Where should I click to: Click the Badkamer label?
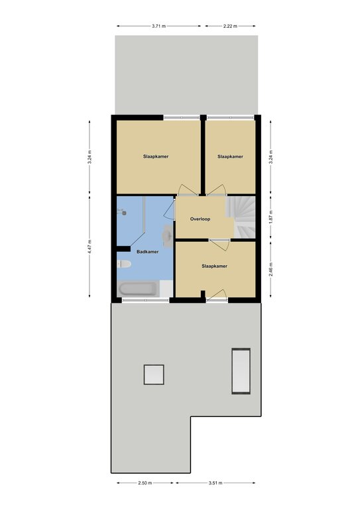click(x=147, y=252)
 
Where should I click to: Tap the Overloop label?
click(x=200, y=219)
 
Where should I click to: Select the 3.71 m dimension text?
click(x=158, y=26)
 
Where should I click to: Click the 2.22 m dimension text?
click(x=230, y=26)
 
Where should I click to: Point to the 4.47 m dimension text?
click(x=90, y=247)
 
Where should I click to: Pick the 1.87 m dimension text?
click(x=271, y=217)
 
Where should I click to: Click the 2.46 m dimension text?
click(x=271, y=269)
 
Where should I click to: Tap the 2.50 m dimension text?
click(x=145, y=482)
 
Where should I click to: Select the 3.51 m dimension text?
click(x=215, y=482)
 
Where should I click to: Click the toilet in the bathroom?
click(x=124, y=264)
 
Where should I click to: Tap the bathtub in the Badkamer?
click(x=139, y=288)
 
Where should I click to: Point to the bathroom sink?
click(x=168, y=236)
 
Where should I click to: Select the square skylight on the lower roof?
click(x=154, y=374)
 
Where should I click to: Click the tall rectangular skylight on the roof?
click(x=241, y=371)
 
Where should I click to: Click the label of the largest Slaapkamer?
click(x=156, y=156)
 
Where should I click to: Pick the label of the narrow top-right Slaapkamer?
click(x=230, y=156)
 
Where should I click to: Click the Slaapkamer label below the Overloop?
click(x=214, y=266)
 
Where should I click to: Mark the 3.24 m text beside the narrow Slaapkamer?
click(x=271, y=157)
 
